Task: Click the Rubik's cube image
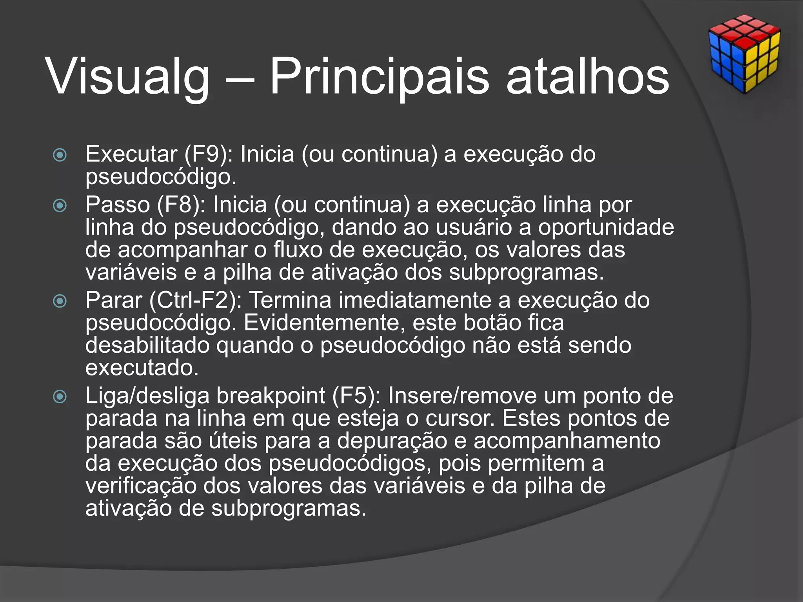744,54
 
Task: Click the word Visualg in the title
128,76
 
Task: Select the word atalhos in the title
588,76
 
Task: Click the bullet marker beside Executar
60,155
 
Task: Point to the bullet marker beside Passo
60,206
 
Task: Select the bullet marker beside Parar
60,301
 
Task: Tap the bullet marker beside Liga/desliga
60,397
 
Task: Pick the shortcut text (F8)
181,205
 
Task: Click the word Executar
131,154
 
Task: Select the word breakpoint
271,396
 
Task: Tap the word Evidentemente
325,323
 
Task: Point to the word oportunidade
606,227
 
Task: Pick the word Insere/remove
462,396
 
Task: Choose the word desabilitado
147,345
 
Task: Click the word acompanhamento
567,441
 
